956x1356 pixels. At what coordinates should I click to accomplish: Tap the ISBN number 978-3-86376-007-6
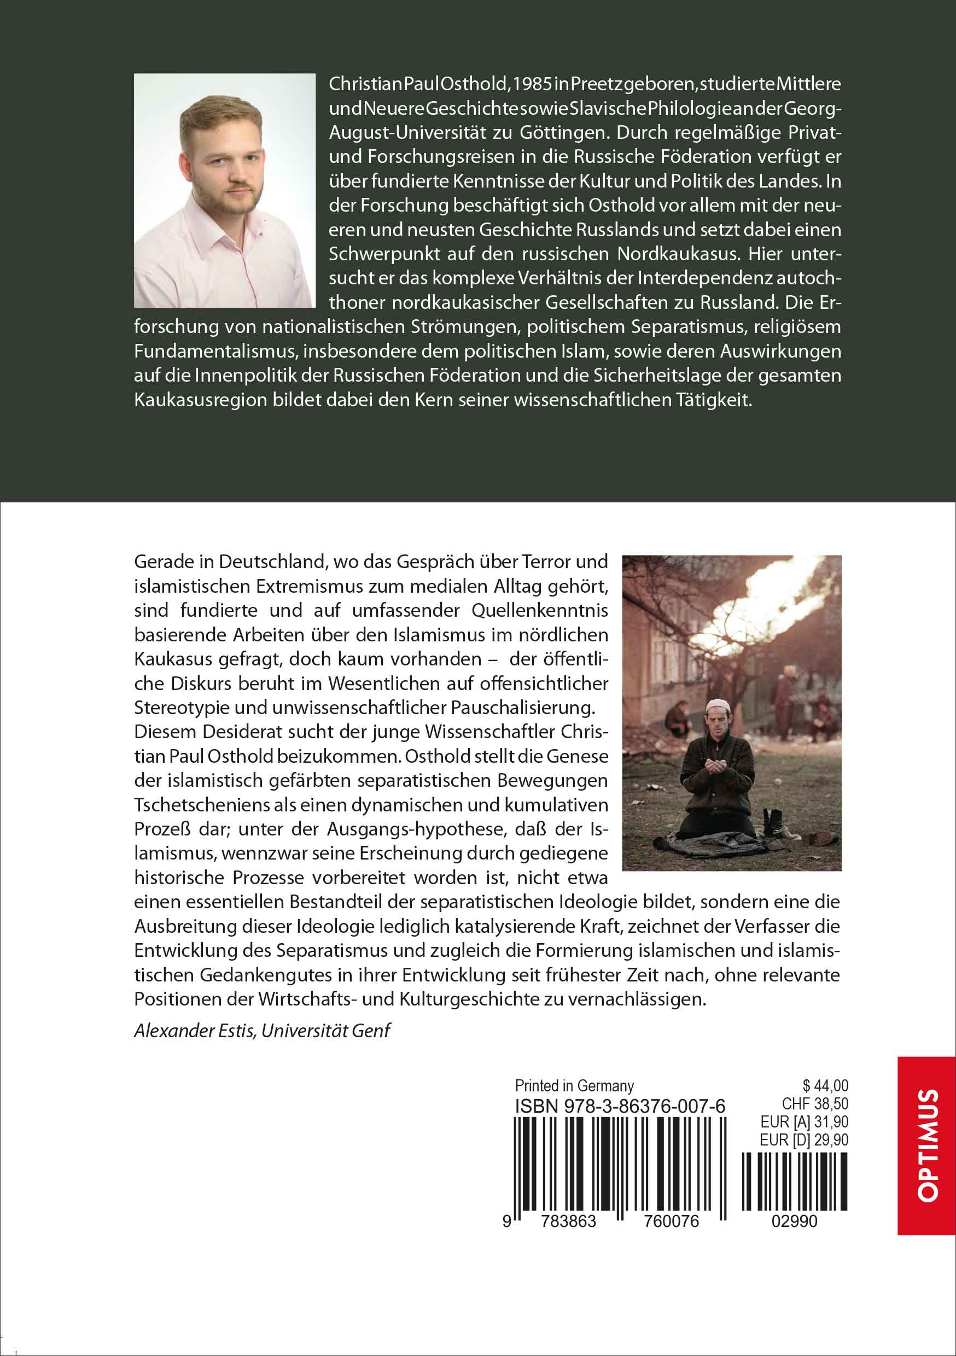point(620,1106)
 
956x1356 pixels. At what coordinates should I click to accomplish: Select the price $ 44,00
point(825,1085)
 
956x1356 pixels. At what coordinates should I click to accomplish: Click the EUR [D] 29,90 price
point(803,1139)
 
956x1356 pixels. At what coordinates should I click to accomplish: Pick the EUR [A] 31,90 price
point(804,1121)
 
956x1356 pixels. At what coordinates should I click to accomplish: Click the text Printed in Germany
point(574,1085)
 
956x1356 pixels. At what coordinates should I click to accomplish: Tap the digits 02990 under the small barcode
point(795,1221)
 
